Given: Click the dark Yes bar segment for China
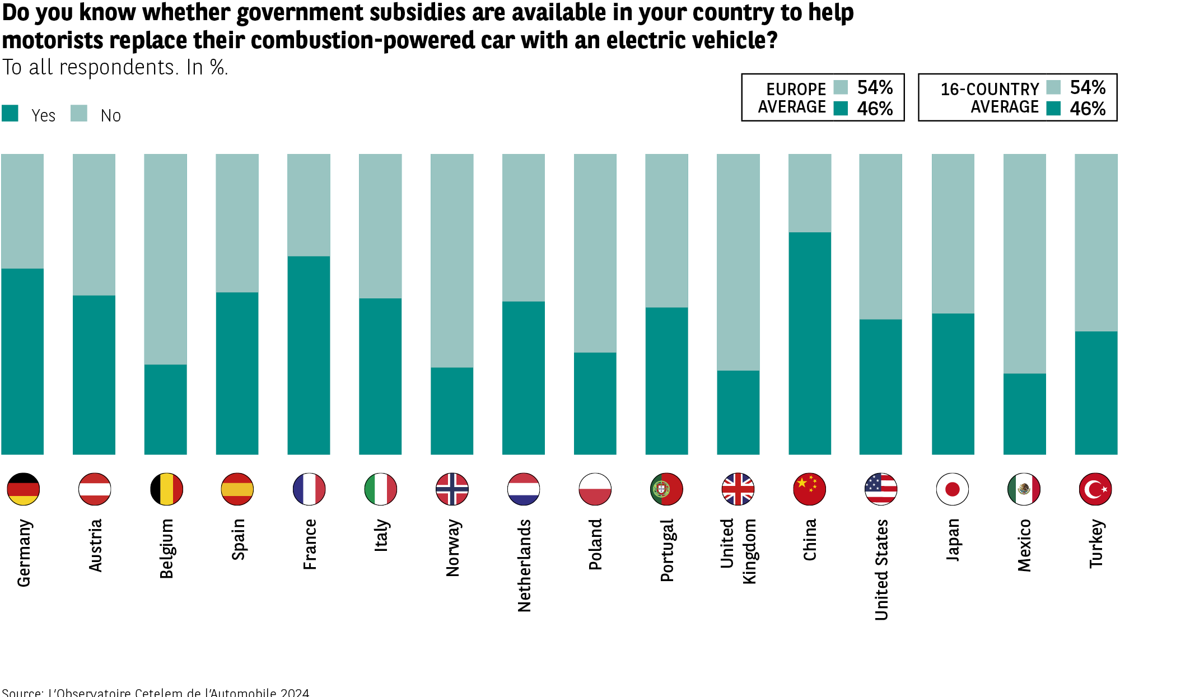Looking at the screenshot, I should (x=810, y=343).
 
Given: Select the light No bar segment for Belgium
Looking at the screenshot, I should (x=166, y=259).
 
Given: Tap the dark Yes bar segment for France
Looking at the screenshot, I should (x=309, y=355).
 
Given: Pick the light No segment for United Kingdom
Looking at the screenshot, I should (x=738, y=262).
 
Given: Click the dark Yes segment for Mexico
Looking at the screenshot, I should (x=1024, y=414).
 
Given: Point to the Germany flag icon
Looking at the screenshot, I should (x=24, y=489).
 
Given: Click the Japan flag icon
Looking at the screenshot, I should (x=953, y=489).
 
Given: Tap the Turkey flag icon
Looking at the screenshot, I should (x=1095, y=489).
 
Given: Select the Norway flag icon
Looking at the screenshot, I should (x=452, y=489).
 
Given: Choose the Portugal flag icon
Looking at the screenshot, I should (x=666, y=489).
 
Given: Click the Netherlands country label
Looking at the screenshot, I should (x=524, y=565).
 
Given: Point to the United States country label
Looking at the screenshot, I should (x=881, y=570).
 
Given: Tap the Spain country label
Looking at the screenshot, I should (x=238, y=539).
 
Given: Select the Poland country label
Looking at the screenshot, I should (x=595, y=544).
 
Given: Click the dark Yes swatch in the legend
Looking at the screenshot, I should (x=10, y=113).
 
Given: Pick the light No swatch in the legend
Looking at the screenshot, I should (x=79, y=113).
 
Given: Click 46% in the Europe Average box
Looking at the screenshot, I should (x=875, y=109).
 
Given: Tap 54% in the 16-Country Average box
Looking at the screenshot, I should (x=1088, y=87).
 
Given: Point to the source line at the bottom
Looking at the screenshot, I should (x=156, y=693).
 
